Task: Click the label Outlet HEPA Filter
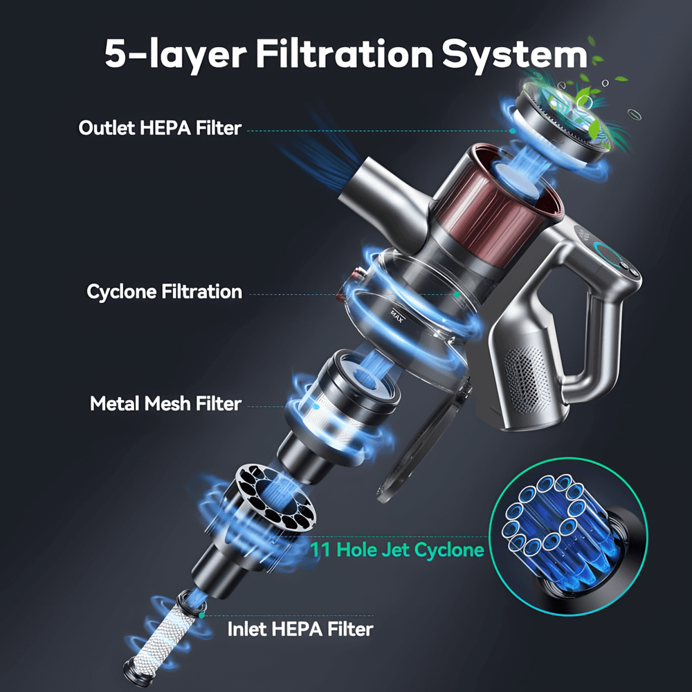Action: (160, 128)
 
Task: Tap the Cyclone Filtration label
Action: (164, 292)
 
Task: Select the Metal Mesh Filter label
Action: (165, 403)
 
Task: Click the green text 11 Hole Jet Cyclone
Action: (397, 550)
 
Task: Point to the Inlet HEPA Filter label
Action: (300, 629)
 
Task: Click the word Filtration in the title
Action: (345, 54)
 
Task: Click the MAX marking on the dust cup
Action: (397, 316)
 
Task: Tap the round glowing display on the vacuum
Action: (610, 255)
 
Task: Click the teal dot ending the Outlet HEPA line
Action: (512, 131)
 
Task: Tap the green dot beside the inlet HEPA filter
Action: (201, 615)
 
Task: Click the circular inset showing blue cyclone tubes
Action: (568, 537)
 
